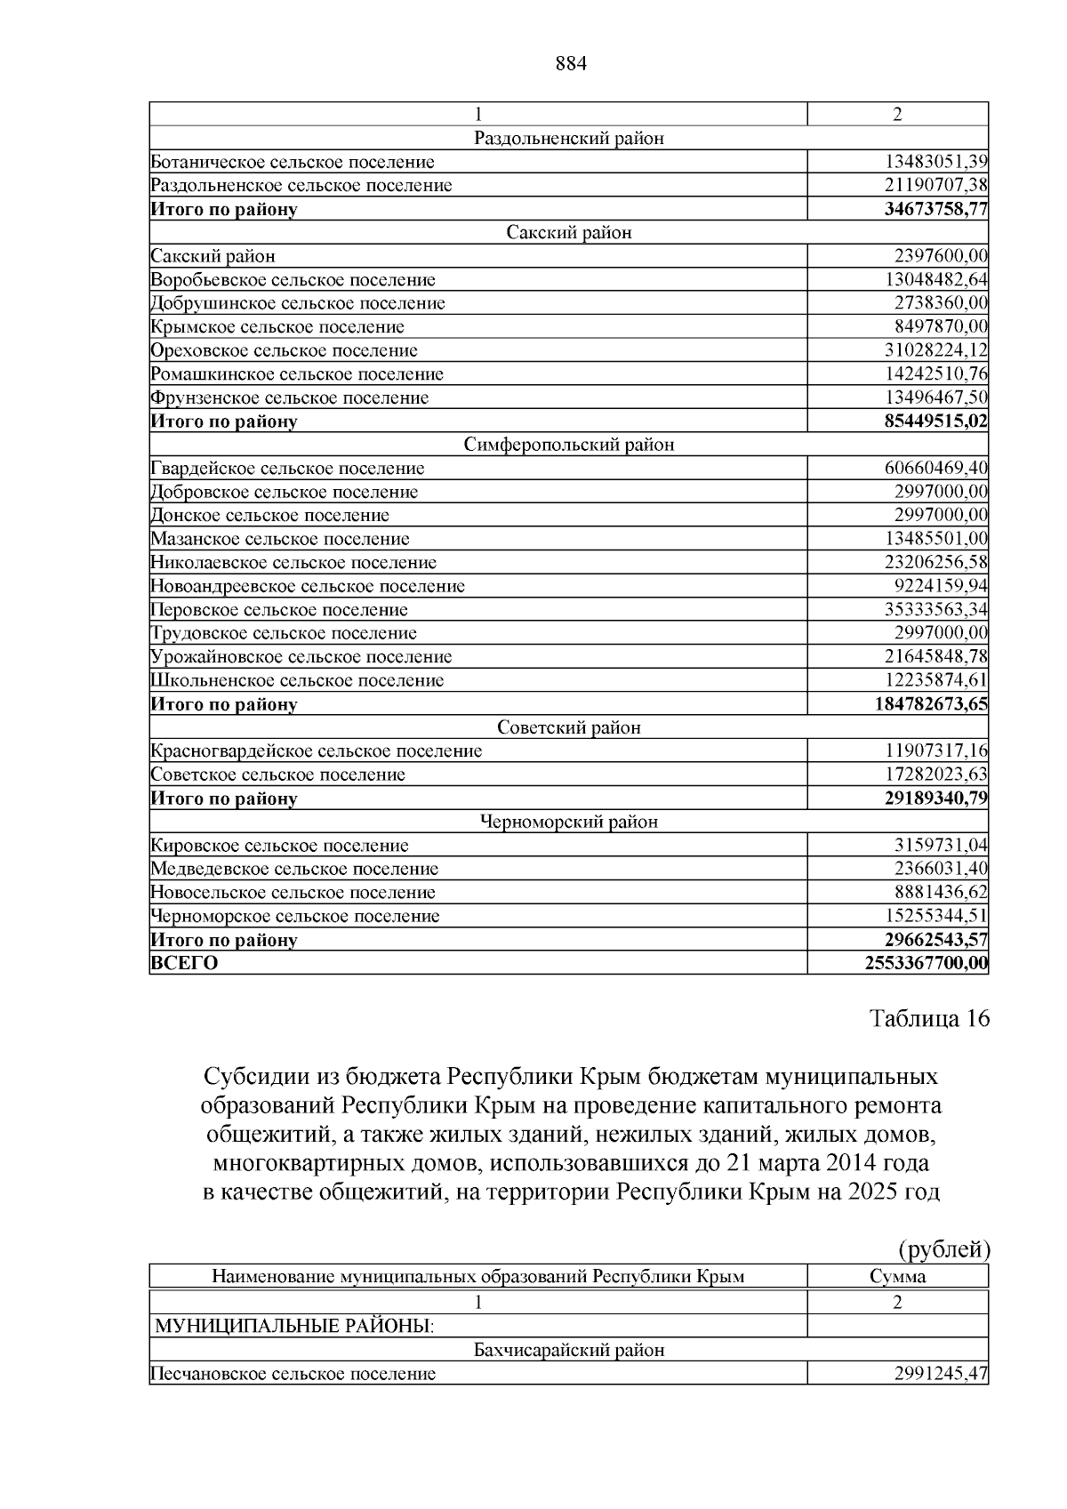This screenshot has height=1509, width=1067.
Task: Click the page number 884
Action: pos(571,64)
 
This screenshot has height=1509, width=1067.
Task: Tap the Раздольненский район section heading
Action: pos(569,138)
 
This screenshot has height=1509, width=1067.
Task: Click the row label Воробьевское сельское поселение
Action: pos(293,280)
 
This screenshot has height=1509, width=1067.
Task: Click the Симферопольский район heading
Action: pos(569,445)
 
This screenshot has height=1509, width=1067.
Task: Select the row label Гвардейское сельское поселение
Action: pos(288,469)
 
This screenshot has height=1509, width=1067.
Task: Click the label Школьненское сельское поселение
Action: pos(297,681)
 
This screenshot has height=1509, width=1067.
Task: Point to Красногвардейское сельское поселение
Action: pos(317,751)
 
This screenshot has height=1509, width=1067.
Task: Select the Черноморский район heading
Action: pos(569,822)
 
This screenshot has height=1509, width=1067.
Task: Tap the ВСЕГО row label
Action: pos(185,963)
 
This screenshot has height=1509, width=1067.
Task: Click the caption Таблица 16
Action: pos(929,1019)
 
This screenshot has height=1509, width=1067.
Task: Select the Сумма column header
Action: pos(897,1277)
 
